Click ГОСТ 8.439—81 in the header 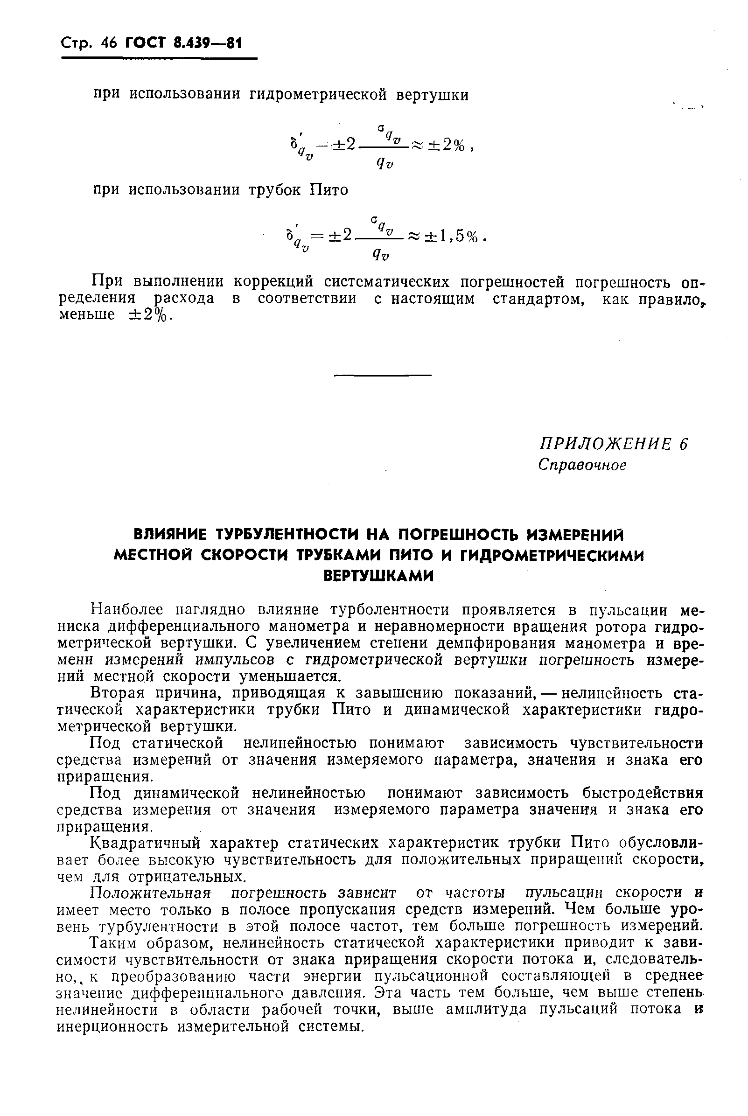tap(183, 43)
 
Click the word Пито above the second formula tap(329, 190)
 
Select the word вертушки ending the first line tap(432, 95)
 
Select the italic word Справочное tap(581, 465)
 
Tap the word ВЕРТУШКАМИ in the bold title tap(379, 577)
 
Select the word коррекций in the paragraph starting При tap(273, 282)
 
